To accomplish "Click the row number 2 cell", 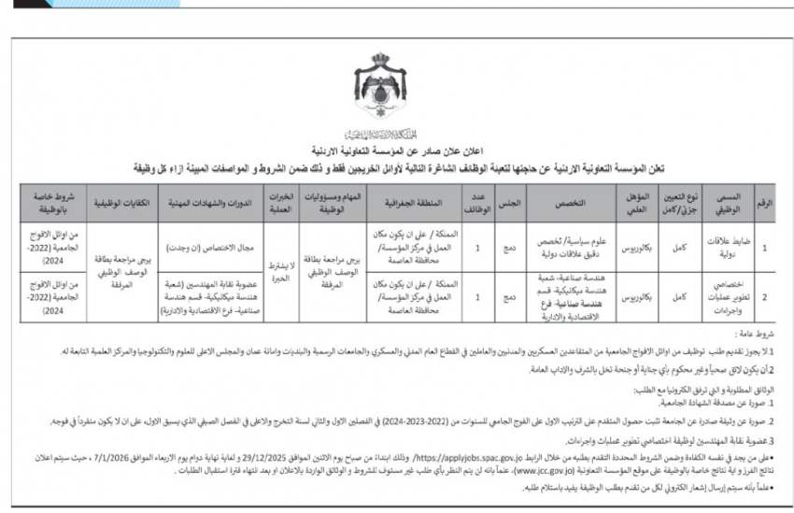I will pyautogui.click(x=765, y=296).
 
